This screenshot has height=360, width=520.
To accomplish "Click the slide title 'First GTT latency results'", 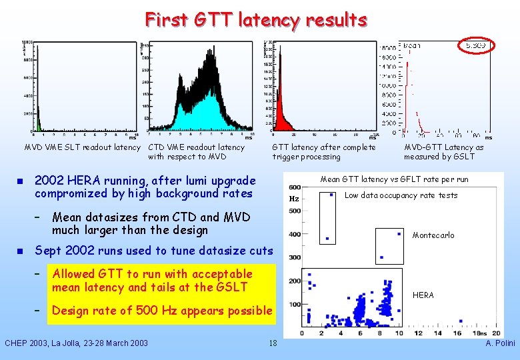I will tap(256, 19).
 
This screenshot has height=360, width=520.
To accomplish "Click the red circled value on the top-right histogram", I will tap(476, 45).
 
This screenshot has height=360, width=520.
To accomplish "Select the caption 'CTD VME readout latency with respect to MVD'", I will tap(196, 152).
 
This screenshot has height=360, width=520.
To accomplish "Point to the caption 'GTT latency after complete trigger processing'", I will tap(323, 152).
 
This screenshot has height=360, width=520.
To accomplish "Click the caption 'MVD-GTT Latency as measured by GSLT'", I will tap(443, 152).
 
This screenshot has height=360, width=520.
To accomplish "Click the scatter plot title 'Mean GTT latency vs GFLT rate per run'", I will tap(394, 179).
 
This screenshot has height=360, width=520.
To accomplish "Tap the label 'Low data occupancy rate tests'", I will tap(401, 195).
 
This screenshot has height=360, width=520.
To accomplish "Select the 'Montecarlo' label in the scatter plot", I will tap(433, 235).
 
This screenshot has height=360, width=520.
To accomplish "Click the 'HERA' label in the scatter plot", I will tap(423, 295).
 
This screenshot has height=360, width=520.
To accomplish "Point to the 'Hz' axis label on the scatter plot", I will tap(293, 199).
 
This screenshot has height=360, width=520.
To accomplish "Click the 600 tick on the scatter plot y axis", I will tap(293, 187).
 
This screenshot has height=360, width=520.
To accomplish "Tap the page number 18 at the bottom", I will tap(272, 343).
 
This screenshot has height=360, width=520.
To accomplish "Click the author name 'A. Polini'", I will tap(500, 343).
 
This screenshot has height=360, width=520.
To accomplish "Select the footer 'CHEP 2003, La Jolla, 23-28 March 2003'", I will tap(76, 343).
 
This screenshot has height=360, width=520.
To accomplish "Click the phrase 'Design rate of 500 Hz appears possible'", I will tap(162, 311).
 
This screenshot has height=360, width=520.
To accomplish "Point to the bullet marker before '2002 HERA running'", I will tap(20, 181).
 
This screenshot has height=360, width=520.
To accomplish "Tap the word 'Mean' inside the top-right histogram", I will tap(411, 46).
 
